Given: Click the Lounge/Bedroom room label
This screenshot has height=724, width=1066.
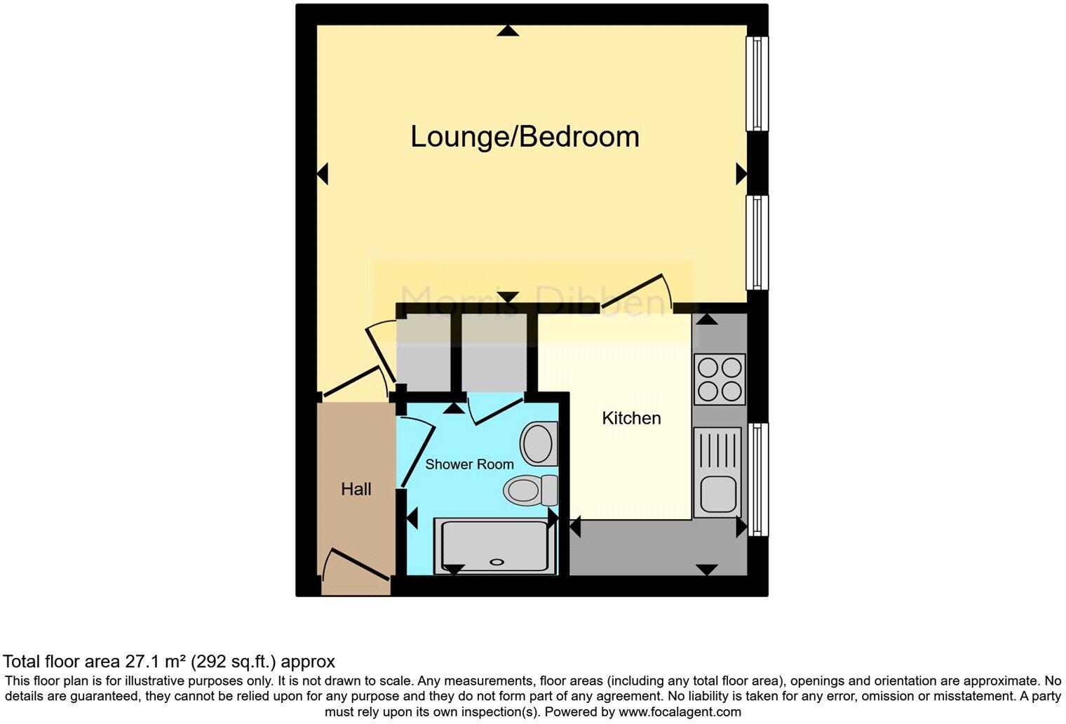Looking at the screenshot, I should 525,136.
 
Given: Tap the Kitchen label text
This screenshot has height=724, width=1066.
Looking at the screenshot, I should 631,418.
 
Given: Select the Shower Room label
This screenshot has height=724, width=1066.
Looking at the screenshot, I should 469,464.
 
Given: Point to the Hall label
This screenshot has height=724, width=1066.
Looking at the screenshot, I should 356,489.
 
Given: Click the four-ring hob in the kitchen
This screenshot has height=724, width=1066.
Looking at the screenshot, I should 720,379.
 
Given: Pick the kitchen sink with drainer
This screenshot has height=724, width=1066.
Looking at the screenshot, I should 717,472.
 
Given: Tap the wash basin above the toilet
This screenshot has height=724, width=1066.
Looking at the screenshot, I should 539,443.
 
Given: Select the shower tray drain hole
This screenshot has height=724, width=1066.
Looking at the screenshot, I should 497,561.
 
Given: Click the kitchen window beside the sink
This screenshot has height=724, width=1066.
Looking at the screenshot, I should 757,479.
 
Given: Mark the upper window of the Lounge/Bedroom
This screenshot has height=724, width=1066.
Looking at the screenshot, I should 757,83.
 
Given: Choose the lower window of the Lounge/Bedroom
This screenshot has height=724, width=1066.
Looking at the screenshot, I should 757,242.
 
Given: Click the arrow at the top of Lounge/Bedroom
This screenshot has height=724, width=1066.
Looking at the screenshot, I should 508,30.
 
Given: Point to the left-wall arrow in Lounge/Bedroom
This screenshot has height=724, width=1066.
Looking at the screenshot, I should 323,174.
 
